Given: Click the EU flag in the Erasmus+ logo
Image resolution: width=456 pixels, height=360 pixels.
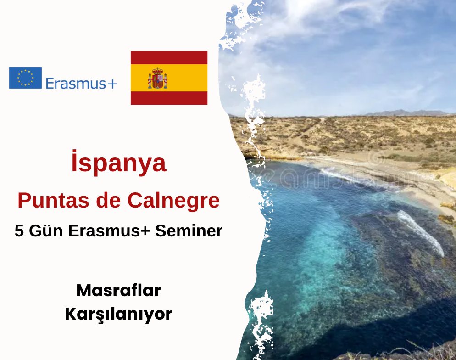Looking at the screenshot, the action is tap(25, 78).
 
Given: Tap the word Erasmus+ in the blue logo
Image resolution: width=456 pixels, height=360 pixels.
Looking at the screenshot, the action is tap(82, 84).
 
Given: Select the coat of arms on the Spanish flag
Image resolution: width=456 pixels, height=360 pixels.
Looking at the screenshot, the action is tap(158, 78).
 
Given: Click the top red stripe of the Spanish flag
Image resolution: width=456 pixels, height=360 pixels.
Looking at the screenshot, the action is tap(169, 57).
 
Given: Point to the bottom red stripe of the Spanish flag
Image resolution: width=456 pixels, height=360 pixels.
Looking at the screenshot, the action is tap(169, 98).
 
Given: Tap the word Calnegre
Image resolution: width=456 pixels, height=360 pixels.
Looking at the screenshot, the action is tap(173, 201).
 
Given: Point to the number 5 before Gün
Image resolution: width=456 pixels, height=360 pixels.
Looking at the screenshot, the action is tap(19, 231).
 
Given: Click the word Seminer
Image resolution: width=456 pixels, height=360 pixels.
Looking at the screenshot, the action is tap(189, 231).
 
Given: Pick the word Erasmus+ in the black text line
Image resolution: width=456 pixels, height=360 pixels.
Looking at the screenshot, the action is tap(109, 231).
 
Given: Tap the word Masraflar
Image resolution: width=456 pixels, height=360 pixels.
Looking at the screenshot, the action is tap(119, 291).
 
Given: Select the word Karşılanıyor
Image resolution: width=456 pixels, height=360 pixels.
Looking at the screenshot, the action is tap(119, 315).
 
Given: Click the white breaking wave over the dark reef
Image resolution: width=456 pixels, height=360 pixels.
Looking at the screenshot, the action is tap(421, 233).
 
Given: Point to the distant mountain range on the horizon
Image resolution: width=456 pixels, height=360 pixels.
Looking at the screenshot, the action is tap(407, 113).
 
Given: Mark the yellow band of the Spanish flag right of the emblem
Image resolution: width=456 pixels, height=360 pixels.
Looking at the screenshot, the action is tap(187, 78).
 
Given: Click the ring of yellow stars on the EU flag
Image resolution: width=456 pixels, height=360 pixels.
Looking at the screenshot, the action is tap(25, 78).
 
